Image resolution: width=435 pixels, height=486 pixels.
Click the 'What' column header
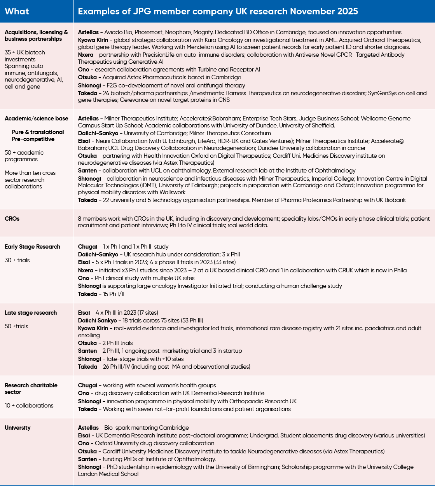(x=17, y=11)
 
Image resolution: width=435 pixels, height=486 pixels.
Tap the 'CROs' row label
(x=12, y=219)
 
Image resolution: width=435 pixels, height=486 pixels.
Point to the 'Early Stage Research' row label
(x=32, y=247)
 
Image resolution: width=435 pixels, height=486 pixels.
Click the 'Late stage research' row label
(x=31, y=313)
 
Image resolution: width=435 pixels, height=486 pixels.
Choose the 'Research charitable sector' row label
(x=31, y=388)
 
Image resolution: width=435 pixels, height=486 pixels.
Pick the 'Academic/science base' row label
(x=36, y=118)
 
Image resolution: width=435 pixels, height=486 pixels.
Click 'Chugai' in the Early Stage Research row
(x=87, y=247)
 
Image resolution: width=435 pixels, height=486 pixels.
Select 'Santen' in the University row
(x=87, y=459)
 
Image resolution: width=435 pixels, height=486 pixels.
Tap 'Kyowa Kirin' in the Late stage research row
(x=93, y=328)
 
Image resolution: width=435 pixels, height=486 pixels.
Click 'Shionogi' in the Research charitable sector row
(x=89, y=401)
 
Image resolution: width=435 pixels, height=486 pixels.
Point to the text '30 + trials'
(x=17, y=260)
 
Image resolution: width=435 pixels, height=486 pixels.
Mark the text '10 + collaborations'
(x=29, y=406)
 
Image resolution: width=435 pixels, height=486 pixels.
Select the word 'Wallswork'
(x=171, y=192)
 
